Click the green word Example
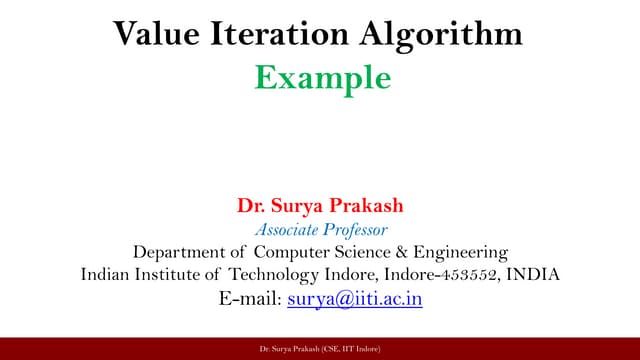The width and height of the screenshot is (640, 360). pos(319,77)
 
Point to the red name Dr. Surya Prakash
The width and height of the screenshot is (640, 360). pos(319,208)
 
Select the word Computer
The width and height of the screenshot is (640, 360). pos(294,252)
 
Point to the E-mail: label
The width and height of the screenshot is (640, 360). pos(249,298)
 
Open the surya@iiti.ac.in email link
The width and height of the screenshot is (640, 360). pos(354,298)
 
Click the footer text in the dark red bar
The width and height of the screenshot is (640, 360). pos(319,347)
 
